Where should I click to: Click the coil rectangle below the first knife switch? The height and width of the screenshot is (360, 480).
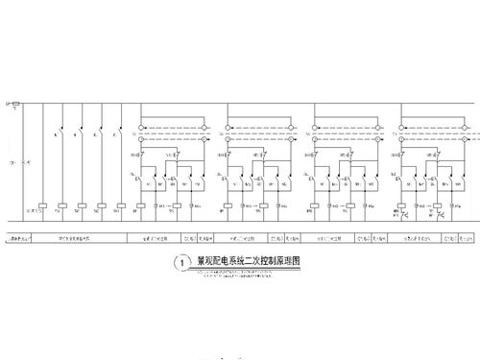[x=61, y=205]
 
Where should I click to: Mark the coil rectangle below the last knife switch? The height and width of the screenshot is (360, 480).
[x=120, y=205]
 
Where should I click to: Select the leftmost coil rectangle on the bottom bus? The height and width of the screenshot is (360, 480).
[x=43, y=205]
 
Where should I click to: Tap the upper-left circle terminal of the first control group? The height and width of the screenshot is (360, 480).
[x=142, y=126]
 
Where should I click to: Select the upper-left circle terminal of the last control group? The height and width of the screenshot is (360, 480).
[x=394, y=126]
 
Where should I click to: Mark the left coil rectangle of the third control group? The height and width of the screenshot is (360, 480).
[x=314, y=205]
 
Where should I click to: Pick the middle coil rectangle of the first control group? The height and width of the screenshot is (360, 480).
[x=163, y=205]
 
